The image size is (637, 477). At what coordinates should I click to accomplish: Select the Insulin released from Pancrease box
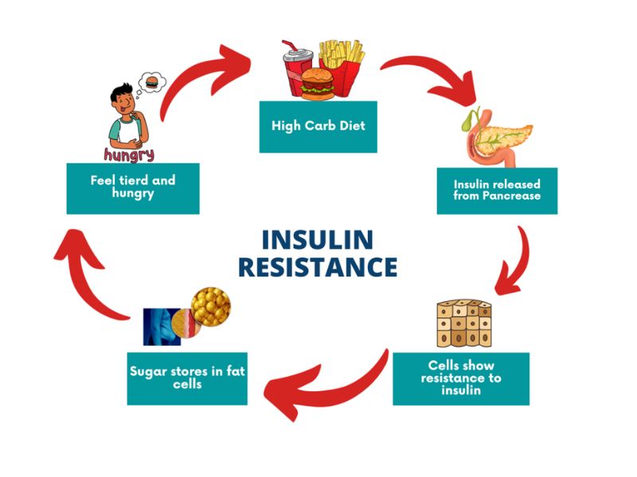497,191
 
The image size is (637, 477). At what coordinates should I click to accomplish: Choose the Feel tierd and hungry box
132,188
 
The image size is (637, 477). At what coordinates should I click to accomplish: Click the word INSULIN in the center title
318,240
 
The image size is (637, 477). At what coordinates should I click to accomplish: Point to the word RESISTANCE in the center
318,267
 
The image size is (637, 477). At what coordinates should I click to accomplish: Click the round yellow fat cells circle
211,305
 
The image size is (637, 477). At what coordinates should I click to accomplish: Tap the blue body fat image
164,325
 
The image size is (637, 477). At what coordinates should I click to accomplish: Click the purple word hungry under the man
129,153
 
